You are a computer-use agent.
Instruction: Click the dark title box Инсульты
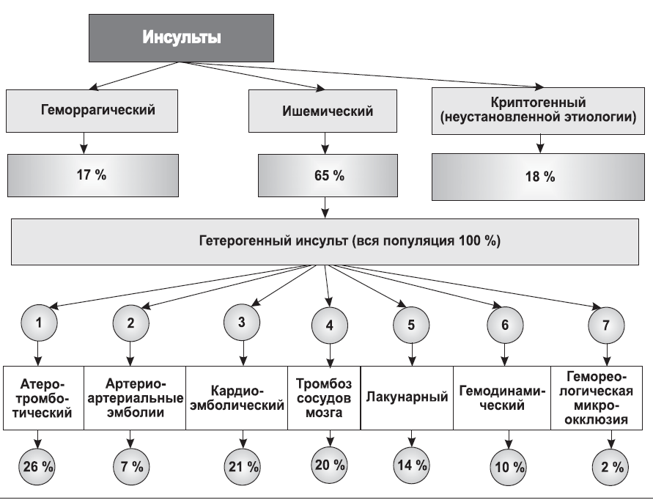tap(181, 38)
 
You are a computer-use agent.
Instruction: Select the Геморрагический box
tap(92, 111)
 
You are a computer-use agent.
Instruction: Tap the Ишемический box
tap(322, 111)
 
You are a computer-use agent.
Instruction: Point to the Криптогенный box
tap(538, 111)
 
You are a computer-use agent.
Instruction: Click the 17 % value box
tap(93, 175)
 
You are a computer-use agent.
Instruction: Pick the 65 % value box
tap(328, 175)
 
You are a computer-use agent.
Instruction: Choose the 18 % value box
tap(538, 177)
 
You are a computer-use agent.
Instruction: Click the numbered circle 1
tap(39, 323)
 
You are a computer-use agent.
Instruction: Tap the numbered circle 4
tap(330, 326)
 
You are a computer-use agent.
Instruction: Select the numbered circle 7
tap(606, 326)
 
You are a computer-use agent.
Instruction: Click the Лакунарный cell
tap(407, 398)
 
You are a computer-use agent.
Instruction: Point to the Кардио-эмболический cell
tap(237, 398)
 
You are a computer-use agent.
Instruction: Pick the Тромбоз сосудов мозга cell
tap(324, 398)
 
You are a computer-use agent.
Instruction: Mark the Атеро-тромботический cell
tap(43, 398)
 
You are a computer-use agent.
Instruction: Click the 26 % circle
tap(38, 467)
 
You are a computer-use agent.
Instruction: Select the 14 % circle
tap(412, 466)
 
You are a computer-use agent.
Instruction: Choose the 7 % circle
tap(132, 467)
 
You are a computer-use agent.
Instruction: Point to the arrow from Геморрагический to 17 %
tap(84, 144)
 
